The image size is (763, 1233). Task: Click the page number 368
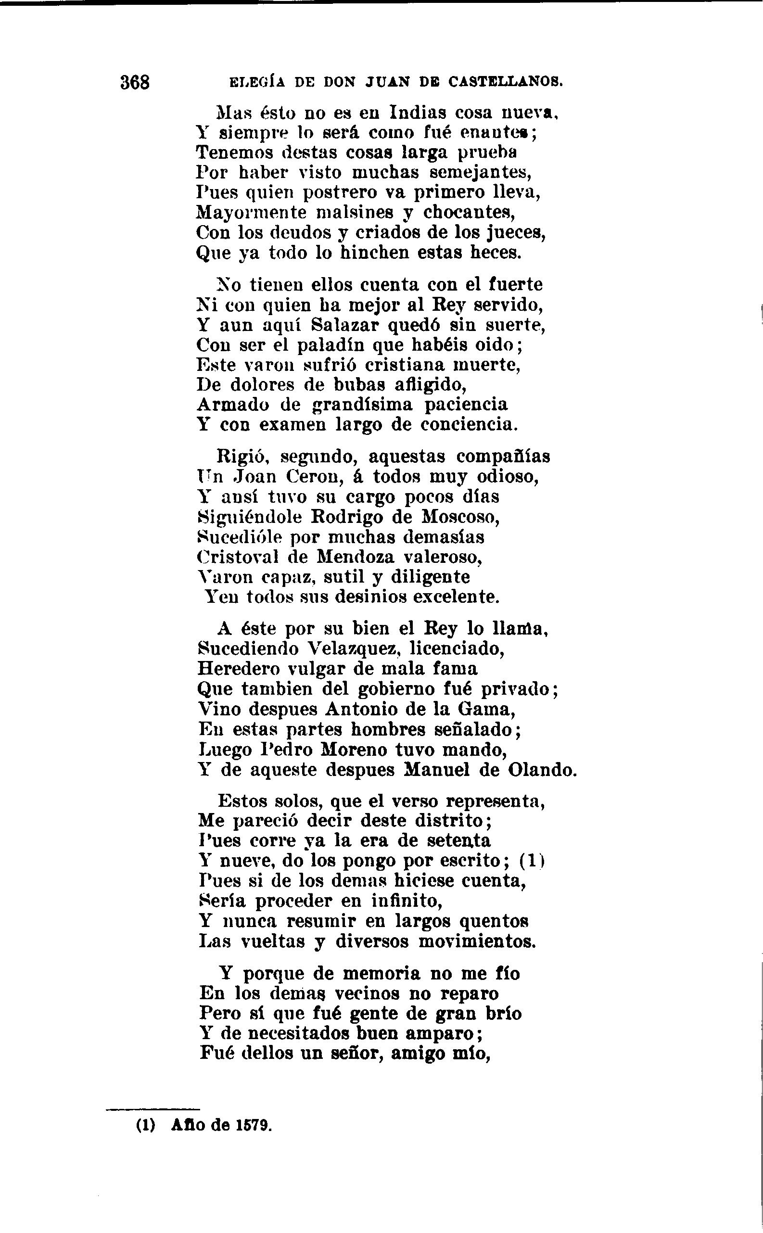click(135, 82)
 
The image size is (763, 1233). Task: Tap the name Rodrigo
click(350, 517)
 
